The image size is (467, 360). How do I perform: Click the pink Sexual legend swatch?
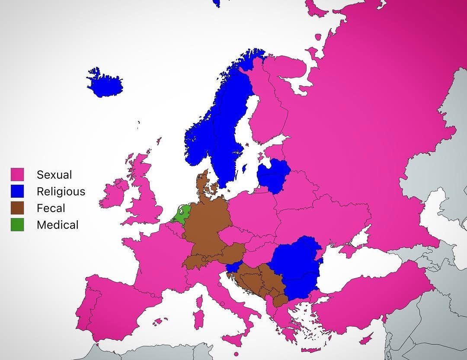click(17, 174)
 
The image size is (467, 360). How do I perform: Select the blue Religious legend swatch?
click(17, 191)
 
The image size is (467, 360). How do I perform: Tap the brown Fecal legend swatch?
click(17, 208)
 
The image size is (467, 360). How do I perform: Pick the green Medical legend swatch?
click(17, 225)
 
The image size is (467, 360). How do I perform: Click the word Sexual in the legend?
click(54, 175)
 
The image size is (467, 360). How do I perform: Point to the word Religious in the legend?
click(61, 191)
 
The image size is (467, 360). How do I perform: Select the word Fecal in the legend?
click(51, 208)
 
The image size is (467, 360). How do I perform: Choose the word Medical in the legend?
click(58, 225)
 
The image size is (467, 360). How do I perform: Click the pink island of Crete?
click(311, 350)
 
